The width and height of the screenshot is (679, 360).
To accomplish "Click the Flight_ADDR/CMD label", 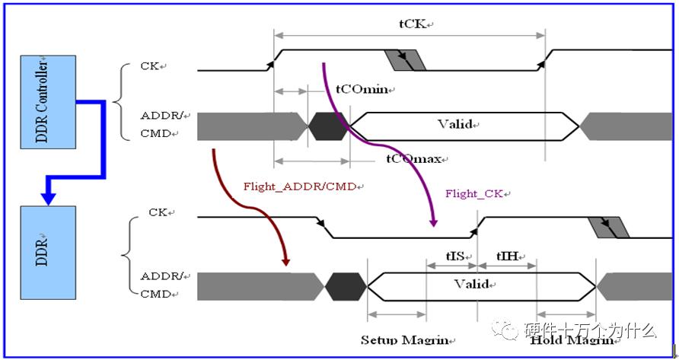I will [x=301, y=186].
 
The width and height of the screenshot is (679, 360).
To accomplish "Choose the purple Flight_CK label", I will [x=473, y=193].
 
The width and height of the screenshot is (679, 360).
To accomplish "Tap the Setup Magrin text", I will [x=404, y=339].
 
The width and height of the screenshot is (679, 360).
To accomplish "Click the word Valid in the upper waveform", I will [x=456, y=124].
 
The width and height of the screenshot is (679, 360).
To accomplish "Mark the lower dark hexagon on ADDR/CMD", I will [x=346, y=287].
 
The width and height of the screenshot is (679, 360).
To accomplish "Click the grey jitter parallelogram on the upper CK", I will [x=405, y=60].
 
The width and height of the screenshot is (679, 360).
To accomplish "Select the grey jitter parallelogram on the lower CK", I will [x=609, y=227].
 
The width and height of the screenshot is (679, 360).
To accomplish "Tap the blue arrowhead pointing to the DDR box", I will [x=48, y=199].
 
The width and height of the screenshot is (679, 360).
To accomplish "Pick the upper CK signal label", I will [x=151, y=66].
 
